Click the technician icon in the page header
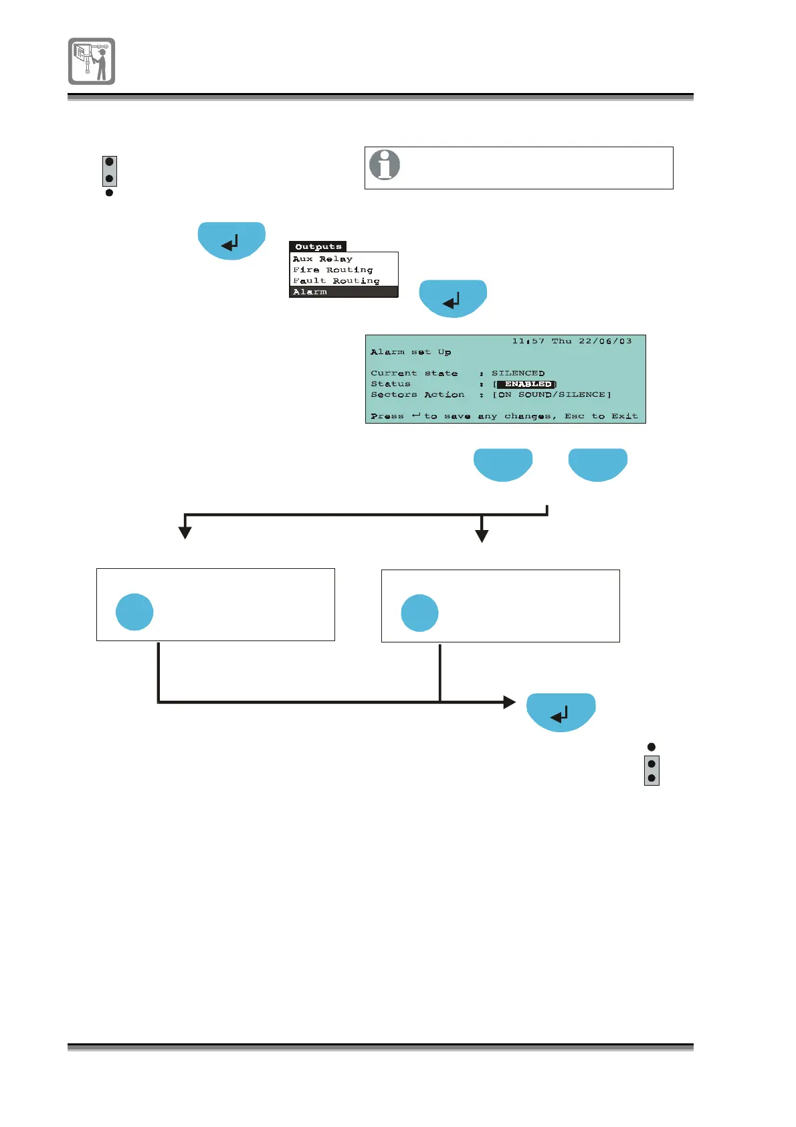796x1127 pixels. point(92,61)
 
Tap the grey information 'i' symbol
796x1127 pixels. point(385,165)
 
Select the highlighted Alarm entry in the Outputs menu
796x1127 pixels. point(310,292)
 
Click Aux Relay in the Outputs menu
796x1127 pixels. point(322,259)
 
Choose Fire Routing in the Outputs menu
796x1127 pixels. point(332,270)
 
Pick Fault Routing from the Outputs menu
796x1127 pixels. point(336,281)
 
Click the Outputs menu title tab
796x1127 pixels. point(318,246)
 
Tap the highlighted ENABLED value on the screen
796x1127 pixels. point(528,384)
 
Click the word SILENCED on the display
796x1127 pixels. point(518,373)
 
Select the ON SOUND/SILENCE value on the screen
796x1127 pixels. point(552,395)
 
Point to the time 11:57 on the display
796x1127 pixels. point(528,341)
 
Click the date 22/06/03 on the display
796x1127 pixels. point(605,341)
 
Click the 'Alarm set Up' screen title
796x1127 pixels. point(411,352)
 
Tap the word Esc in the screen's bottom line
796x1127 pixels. point(575,416)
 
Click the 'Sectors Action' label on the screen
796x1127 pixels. point(417,395)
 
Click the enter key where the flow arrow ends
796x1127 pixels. point(561,712)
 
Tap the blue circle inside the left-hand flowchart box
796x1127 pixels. point(134,612)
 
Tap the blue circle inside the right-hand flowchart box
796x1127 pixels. point(419,613)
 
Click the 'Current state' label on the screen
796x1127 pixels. point(414,373)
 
